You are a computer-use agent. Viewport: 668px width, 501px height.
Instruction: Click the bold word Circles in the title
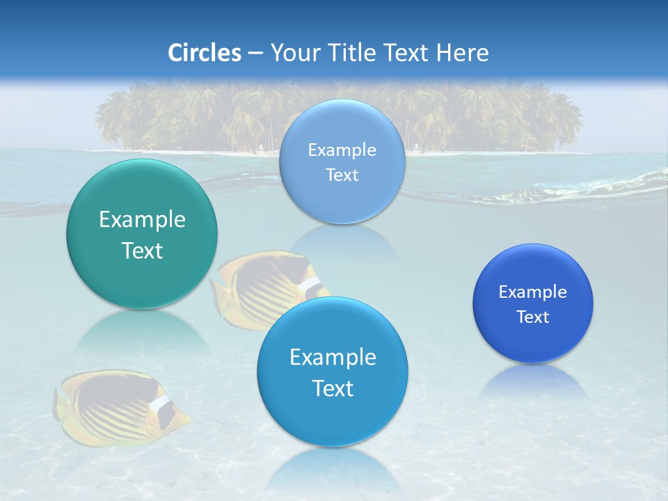(205, 53)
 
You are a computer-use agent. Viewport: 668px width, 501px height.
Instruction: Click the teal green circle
(142, 234)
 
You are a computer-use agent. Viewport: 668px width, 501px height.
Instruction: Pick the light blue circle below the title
(342, 161)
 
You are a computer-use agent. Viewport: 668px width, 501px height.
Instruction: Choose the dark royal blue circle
(533, 303)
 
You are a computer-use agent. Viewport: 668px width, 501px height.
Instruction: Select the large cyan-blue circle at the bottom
(333, 372)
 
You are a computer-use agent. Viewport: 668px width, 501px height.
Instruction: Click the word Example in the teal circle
(142, 220)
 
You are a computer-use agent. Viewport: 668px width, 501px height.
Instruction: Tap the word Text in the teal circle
(142, 250)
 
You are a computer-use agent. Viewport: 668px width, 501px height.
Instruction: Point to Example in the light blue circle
(342, 150)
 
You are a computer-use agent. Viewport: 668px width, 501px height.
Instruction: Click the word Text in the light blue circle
(342, 175)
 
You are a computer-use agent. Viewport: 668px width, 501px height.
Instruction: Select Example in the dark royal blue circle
(533, 292)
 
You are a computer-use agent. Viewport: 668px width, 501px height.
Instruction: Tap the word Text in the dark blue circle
(533, 317)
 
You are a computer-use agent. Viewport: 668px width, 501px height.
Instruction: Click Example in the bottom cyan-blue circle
(333, 358)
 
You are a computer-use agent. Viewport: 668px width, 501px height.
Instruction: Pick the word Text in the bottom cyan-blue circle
(333, 388)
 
